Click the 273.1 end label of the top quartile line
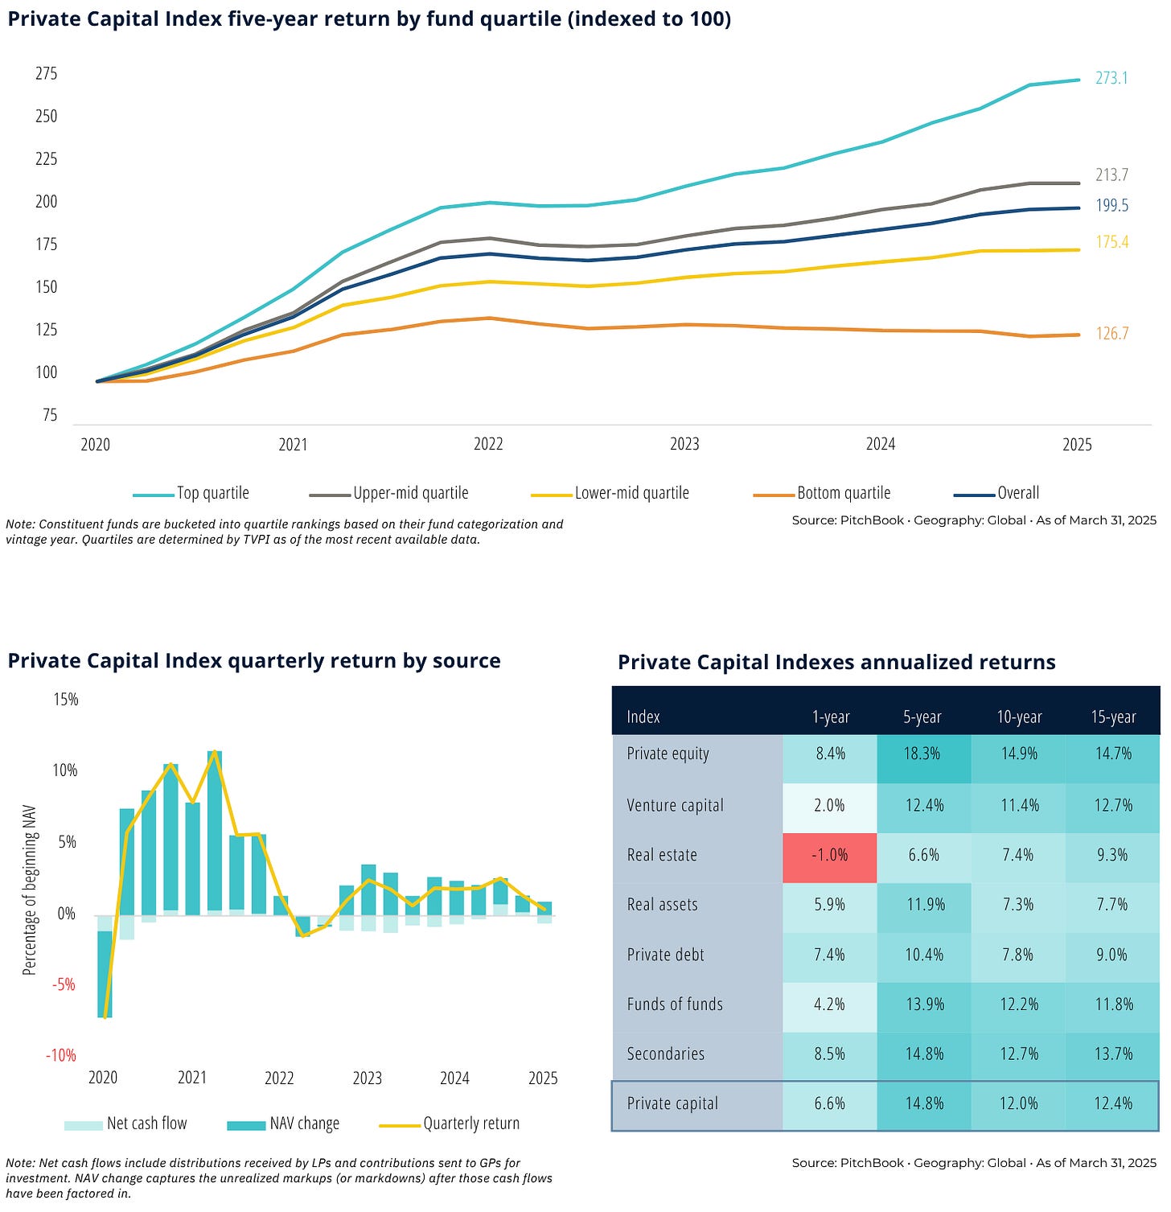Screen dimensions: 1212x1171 pyautogui.click(x=1111, y=78)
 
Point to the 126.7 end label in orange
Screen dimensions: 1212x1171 pyautogui.click(x=1112, y=333)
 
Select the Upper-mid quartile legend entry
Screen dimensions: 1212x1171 pyautogui.click(x=410, y=493)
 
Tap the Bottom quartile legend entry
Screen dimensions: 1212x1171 pyautogui.click(x=843, y=493)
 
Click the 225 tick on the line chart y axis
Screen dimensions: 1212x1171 pyautogui.click(x=47, y=158)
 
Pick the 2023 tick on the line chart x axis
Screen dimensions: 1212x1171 pyautogui.click(x=684, y=444)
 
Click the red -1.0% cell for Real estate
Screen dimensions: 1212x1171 pyautogui.click(x=829, y=855)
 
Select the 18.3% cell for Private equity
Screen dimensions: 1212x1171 pyautogui.click(x=924, y=754)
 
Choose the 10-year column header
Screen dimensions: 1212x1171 pyautogui.click(x=1019, y=717)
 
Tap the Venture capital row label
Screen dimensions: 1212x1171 pyautogui.click(x=675, y=805)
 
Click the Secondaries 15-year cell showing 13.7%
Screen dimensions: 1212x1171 pyautogui.click(x=1113, y=1054)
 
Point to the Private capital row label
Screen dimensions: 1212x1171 pyautogui.click(x=672, y=1103)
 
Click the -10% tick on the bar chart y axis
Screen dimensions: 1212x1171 pyautogui.click(x=61, y=1055)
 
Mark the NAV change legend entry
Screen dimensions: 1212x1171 pyautogui.click(x=304, y=1124)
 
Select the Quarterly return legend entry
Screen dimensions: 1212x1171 pyautogui.click(x=471, y=1124)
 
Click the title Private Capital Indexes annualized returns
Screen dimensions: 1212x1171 pyautogui.click(x=836, y=662)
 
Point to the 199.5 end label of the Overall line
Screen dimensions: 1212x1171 pyautogui.click(x=1111, y=206)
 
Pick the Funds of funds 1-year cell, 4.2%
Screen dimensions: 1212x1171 pyautogui.click(x=829, y=1004)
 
